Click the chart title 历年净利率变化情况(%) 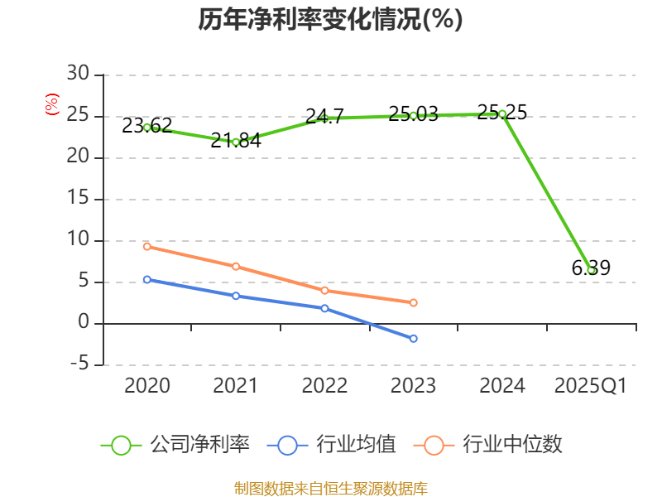[x=330, y=20]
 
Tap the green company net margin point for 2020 [x=147, y=128]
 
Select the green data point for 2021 [x=236, y=142]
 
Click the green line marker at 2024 [x=502, y=113]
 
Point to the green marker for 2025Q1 [x=591, y=270]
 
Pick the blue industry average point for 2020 [x=147, y=279]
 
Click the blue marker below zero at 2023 [x=413, y=338]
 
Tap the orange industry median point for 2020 [x=147, y=246]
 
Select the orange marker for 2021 [x=236, y=266]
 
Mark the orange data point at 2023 [x=413, y=302]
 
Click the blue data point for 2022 [x=324, y=308]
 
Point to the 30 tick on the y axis [x=78, y=75]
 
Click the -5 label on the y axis [x=78, y=364]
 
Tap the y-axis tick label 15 [x=78, y=199]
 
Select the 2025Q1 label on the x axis [x=591, y=386]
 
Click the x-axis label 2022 [x=324, y=386]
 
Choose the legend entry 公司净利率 [x=175, y=445]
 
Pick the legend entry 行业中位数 [x=493, y=445]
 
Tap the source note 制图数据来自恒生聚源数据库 [x=330, y=488]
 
